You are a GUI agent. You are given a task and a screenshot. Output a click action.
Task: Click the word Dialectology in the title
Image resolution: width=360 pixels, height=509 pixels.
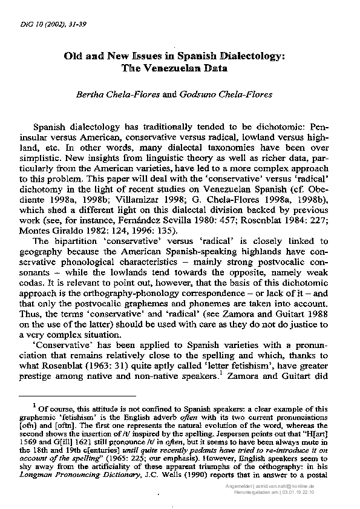point(254,56)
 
